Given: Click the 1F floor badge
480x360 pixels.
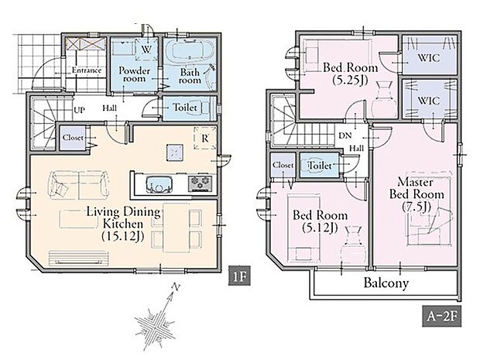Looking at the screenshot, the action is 239,276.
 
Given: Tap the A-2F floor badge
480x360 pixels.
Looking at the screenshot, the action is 442,316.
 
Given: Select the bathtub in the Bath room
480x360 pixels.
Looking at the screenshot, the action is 189,50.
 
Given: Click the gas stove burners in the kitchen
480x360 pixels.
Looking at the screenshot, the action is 201,183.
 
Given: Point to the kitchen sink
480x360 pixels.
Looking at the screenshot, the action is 159,184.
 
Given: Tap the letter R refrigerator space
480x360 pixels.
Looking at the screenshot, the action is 205,139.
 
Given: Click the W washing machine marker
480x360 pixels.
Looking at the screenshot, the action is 146,50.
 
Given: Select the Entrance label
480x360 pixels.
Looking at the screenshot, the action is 87,70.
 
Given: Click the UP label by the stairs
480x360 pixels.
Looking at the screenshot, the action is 79,110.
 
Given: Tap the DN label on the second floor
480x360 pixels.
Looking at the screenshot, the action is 345,135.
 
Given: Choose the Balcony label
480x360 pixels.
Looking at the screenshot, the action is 386,283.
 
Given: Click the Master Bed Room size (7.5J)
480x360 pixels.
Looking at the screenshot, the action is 417,207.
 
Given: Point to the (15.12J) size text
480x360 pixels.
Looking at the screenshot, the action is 123,236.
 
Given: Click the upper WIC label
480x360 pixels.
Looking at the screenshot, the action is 429,57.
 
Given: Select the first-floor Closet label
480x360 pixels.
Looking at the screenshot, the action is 73,138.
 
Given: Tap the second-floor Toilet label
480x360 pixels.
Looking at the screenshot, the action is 321,166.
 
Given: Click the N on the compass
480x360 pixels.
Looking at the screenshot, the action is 176,287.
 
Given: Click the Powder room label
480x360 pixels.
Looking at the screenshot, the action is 135,74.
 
